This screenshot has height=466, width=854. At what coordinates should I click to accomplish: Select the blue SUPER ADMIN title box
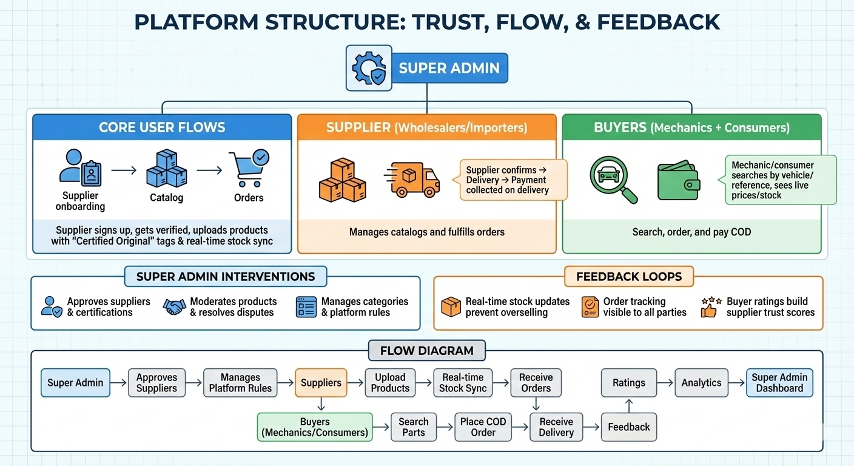click(449, 68)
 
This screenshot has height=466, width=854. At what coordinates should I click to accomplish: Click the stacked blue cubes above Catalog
click(166, 169)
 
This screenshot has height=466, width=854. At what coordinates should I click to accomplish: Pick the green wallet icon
click(679, 181)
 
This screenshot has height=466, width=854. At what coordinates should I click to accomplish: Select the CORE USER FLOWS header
click(162, 127)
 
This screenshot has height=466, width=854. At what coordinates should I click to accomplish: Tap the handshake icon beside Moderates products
click(174, 306)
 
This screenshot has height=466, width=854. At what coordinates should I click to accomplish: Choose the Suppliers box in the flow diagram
click(321, 383)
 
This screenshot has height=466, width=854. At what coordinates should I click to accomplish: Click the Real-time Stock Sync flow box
click(463, 383)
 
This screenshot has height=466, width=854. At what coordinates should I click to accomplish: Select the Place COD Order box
click(483, 427)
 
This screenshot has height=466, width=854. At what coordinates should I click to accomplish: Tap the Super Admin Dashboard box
click(779, 383)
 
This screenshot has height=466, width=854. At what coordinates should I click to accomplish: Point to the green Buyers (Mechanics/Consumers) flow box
click(315, 427)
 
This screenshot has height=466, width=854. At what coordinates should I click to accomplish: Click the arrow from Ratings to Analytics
click(665, 383)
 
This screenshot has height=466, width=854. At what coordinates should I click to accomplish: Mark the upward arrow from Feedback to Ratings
click(629, 405)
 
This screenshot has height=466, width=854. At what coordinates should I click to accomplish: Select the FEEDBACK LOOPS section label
click(629, 277)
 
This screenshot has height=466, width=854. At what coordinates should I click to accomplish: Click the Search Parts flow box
click(414, 427)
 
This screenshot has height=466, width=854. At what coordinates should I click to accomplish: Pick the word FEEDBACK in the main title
click(659, 22)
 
